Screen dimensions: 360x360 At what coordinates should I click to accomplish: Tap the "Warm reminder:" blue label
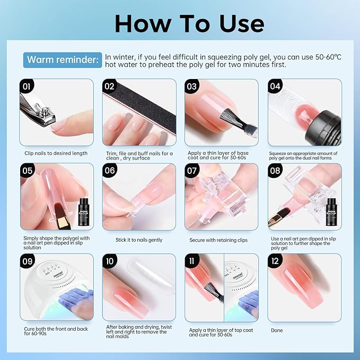tap(63, 59)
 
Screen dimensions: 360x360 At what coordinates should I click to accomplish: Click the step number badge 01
tap(25, 85)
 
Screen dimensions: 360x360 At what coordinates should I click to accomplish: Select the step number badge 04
tap(275, 85)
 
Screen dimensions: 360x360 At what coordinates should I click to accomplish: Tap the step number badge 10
tap(109, 261)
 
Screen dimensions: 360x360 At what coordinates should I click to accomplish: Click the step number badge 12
tap(275, 261)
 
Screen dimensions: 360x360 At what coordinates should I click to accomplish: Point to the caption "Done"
tap(276, 330)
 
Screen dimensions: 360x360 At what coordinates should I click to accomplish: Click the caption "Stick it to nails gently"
tap(139, 240)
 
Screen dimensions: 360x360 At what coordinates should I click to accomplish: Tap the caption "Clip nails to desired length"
tap(56, 153)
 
